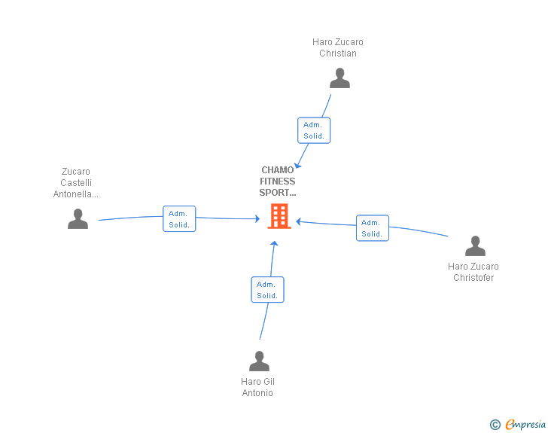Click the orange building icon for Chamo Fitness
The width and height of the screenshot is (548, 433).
(279, 217)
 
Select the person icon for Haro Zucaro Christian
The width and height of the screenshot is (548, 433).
(339, 78)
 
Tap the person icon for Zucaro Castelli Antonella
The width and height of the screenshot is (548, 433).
(78, 219)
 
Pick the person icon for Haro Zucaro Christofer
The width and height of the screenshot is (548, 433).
(475, 246)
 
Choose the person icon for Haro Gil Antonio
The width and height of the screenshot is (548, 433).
(259, 361)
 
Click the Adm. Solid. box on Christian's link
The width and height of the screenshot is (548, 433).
(314, 130)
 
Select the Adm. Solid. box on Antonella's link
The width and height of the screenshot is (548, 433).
(179, 219)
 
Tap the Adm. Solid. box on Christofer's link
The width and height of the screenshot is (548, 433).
(372, 228)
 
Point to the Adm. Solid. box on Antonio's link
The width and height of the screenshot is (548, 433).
(267, 290)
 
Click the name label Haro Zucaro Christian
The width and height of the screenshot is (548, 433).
(338, 47)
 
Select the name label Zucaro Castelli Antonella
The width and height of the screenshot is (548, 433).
(75, 183)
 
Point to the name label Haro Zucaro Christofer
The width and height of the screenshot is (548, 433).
(473, 272)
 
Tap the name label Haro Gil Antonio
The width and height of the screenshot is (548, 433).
(257, 388)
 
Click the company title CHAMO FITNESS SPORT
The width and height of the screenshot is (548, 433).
(278, 181)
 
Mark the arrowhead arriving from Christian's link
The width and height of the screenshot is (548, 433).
(298, 165)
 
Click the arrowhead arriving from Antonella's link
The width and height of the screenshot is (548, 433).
(257, 219)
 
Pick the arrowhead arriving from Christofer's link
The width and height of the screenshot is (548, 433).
(299, 221)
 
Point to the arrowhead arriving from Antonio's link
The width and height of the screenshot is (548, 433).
(274, 244)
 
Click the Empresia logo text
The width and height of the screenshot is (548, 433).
(525, 425)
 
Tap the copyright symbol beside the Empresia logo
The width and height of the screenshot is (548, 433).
(495, 425)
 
